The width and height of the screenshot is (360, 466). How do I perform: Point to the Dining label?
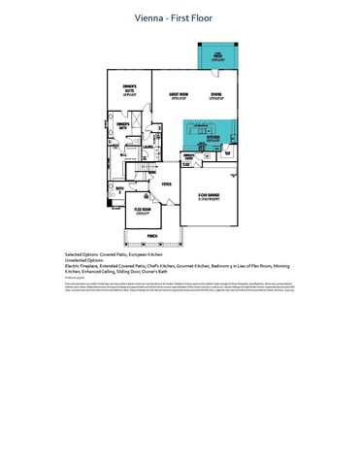pos(215,95)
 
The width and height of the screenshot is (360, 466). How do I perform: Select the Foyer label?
pos(166,183)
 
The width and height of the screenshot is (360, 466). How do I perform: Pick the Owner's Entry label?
pos(190,157)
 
